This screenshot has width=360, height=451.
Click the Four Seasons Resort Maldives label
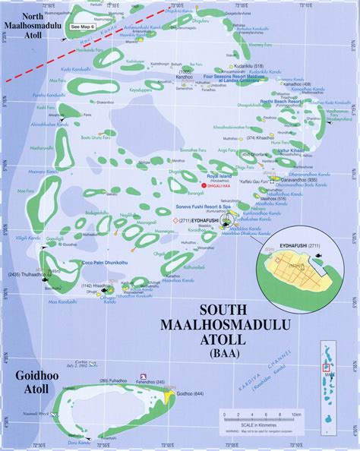click(235, 86)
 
